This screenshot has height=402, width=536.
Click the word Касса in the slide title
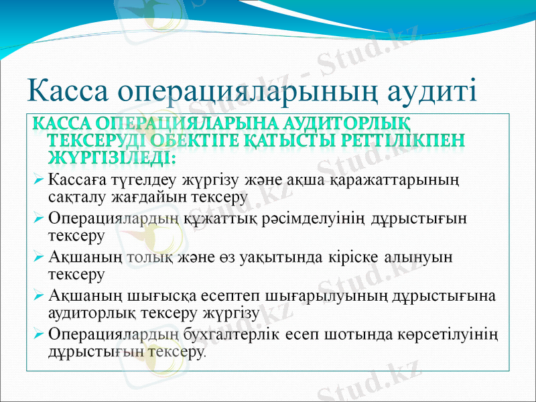(67, 92)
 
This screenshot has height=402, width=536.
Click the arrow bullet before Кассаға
(39, 180)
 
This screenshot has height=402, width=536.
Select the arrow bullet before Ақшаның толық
(39, 257)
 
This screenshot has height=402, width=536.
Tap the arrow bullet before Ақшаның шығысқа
(39, 296)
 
